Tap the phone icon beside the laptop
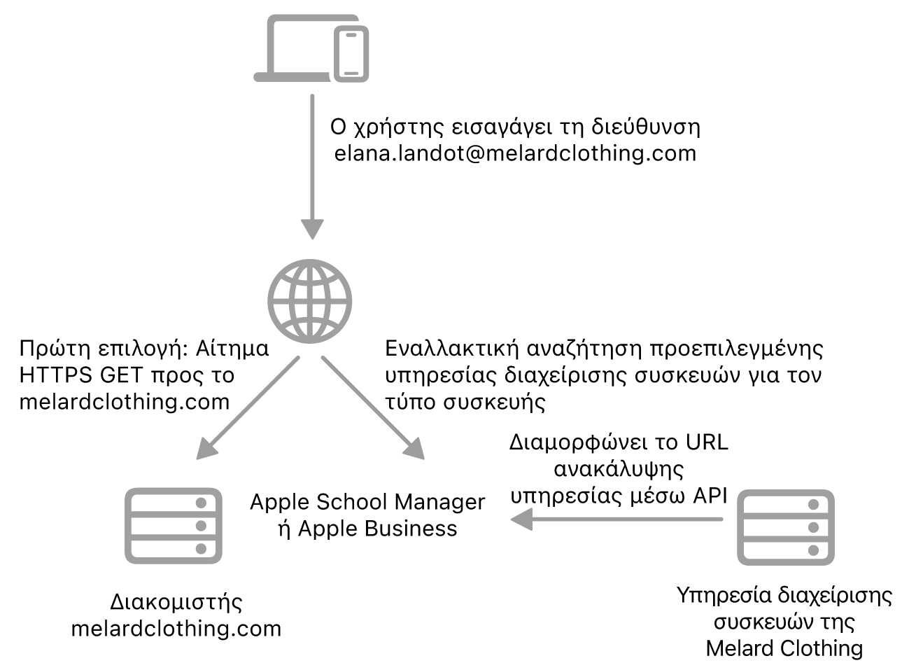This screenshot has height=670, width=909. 351,54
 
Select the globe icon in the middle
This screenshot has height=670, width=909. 309,301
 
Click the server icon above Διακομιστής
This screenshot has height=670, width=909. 174,526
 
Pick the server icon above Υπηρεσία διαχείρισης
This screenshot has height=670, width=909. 786,527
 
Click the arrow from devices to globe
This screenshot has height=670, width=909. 312,167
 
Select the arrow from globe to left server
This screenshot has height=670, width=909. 248,407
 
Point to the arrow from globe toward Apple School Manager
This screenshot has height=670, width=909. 373,407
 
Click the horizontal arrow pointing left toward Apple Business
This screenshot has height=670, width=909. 616,519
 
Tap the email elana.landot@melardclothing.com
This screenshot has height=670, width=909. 515,153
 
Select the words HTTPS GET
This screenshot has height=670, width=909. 80,375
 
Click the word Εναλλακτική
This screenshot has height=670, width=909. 451,349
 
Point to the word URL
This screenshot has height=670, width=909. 707,442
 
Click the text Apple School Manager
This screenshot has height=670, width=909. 367,502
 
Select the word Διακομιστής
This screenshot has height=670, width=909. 176,602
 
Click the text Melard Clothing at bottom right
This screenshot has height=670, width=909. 784,648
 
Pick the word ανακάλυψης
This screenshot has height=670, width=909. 619,469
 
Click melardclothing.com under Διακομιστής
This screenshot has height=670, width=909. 176,629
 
